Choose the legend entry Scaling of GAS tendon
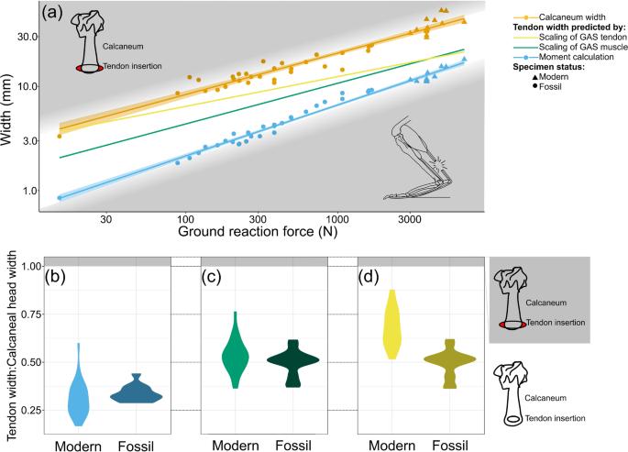pos(574,39)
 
